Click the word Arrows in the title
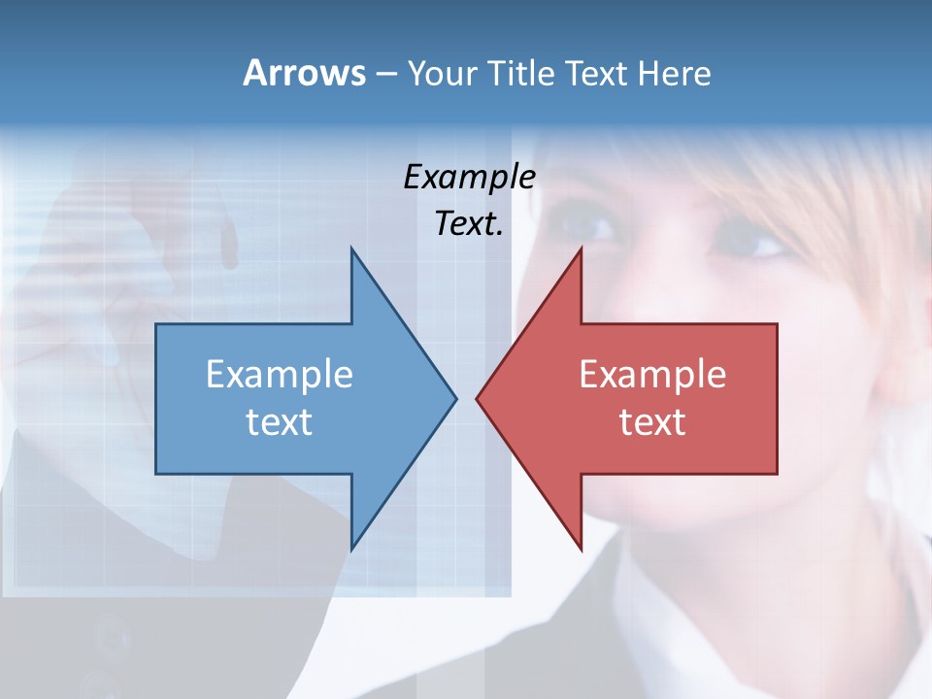pos(304,73)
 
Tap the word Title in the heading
pos(521,74)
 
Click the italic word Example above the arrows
pos(470,178)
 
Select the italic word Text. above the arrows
pos(470,223)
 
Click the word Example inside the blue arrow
pos(280,375)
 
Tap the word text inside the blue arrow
pos(280,421)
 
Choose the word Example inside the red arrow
pos(652,375)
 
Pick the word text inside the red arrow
pos(652,421)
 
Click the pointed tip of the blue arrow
pos(454,398)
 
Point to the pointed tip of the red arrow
pos(478,398)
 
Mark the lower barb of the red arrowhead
pos(580,546)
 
